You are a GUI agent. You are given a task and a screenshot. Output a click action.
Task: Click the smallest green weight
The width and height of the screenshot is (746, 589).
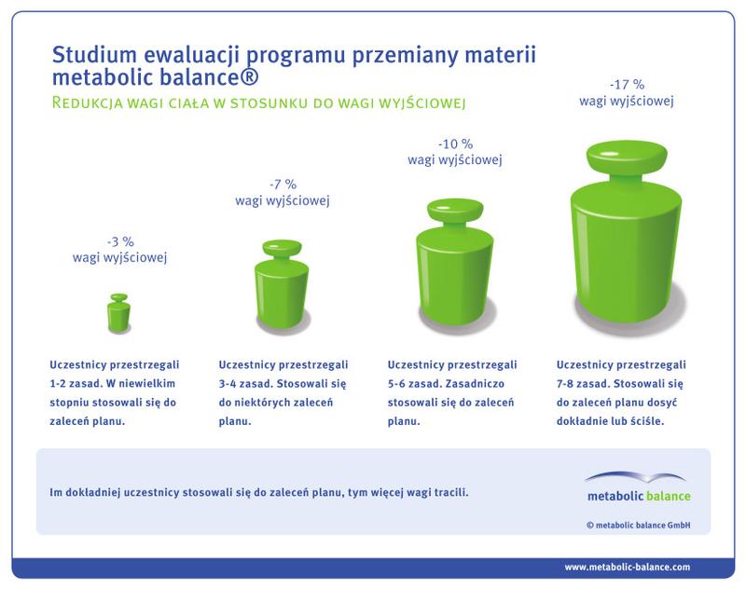pos(119,313)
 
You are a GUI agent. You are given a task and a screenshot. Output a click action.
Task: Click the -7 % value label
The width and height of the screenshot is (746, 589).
pos(281,184)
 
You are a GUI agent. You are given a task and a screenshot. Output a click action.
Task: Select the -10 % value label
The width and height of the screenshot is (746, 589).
pos(455,144)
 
